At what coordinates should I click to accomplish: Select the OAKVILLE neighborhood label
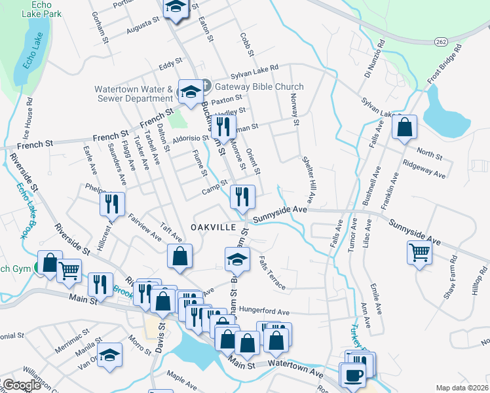coord(213,227)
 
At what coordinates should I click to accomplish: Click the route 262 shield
coord(440,41)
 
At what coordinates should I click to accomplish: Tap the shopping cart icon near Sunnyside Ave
coord(419,251)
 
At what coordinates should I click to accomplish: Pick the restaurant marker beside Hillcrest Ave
coord(112,203)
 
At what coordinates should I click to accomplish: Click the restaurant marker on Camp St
coord(242,196)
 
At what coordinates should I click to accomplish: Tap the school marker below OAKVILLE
coord(238,259)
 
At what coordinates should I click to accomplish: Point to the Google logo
coord(21,385)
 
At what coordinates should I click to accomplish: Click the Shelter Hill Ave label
coord(309,179)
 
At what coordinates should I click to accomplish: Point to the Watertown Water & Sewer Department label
coord(133,94)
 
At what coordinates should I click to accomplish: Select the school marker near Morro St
coord(110,354)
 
